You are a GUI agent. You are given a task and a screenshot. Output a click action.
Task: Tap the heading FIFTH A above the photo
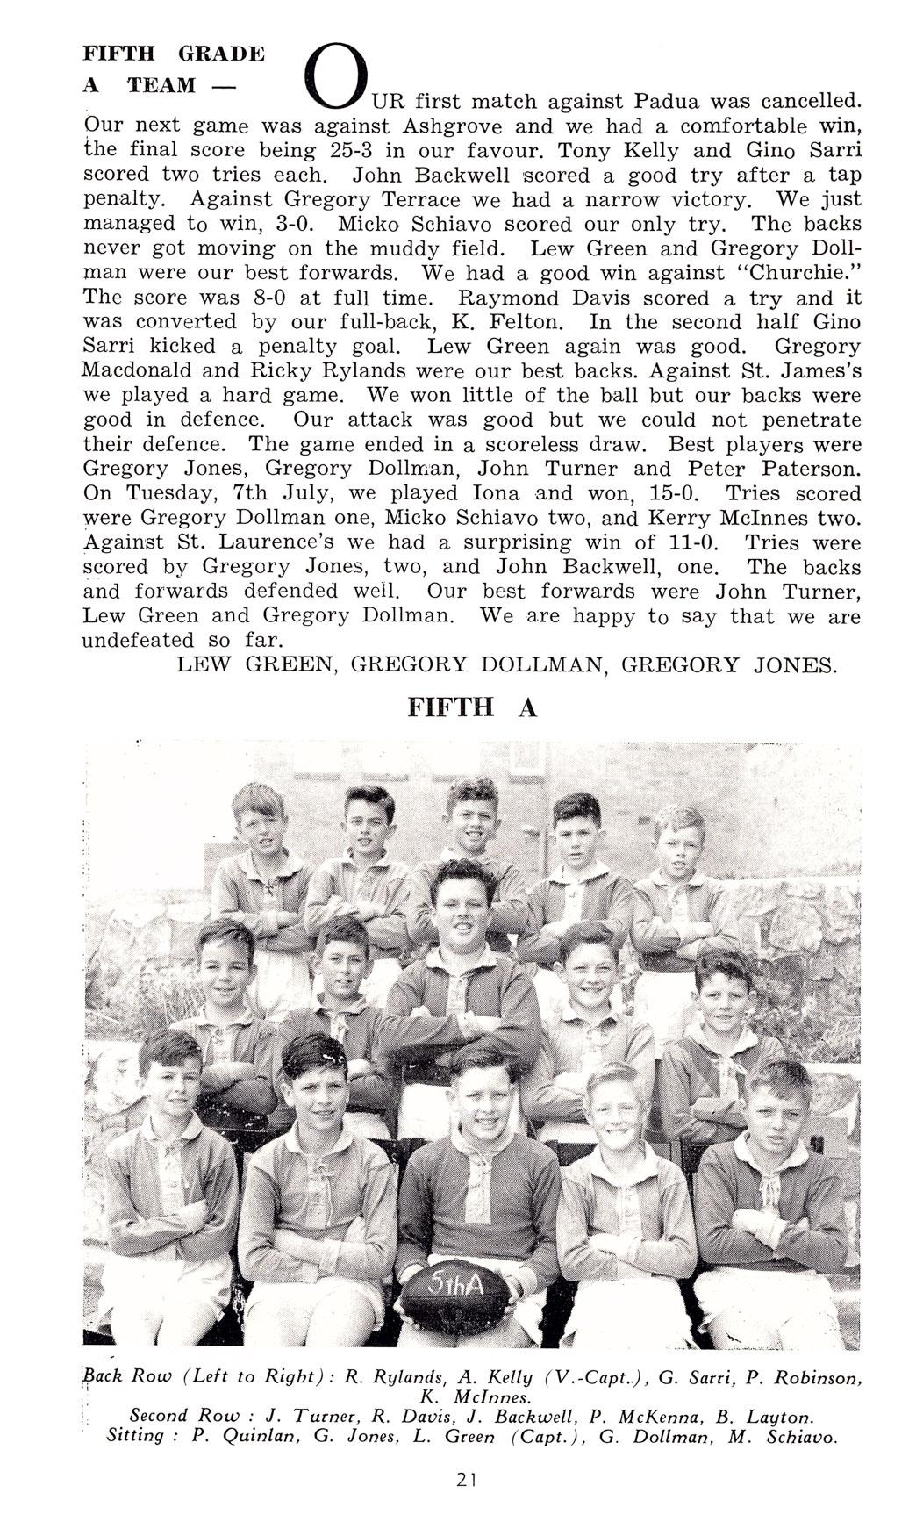point(471,707)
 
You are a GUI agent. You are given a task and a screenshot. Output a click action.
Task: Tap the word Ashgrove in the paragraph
point(445,126)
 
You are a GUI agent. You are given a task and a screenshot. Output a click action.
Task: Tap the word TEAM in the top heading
point(161,85)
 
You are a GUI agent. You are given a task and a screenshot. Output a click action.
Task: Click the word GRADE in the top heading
point(221,53)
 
